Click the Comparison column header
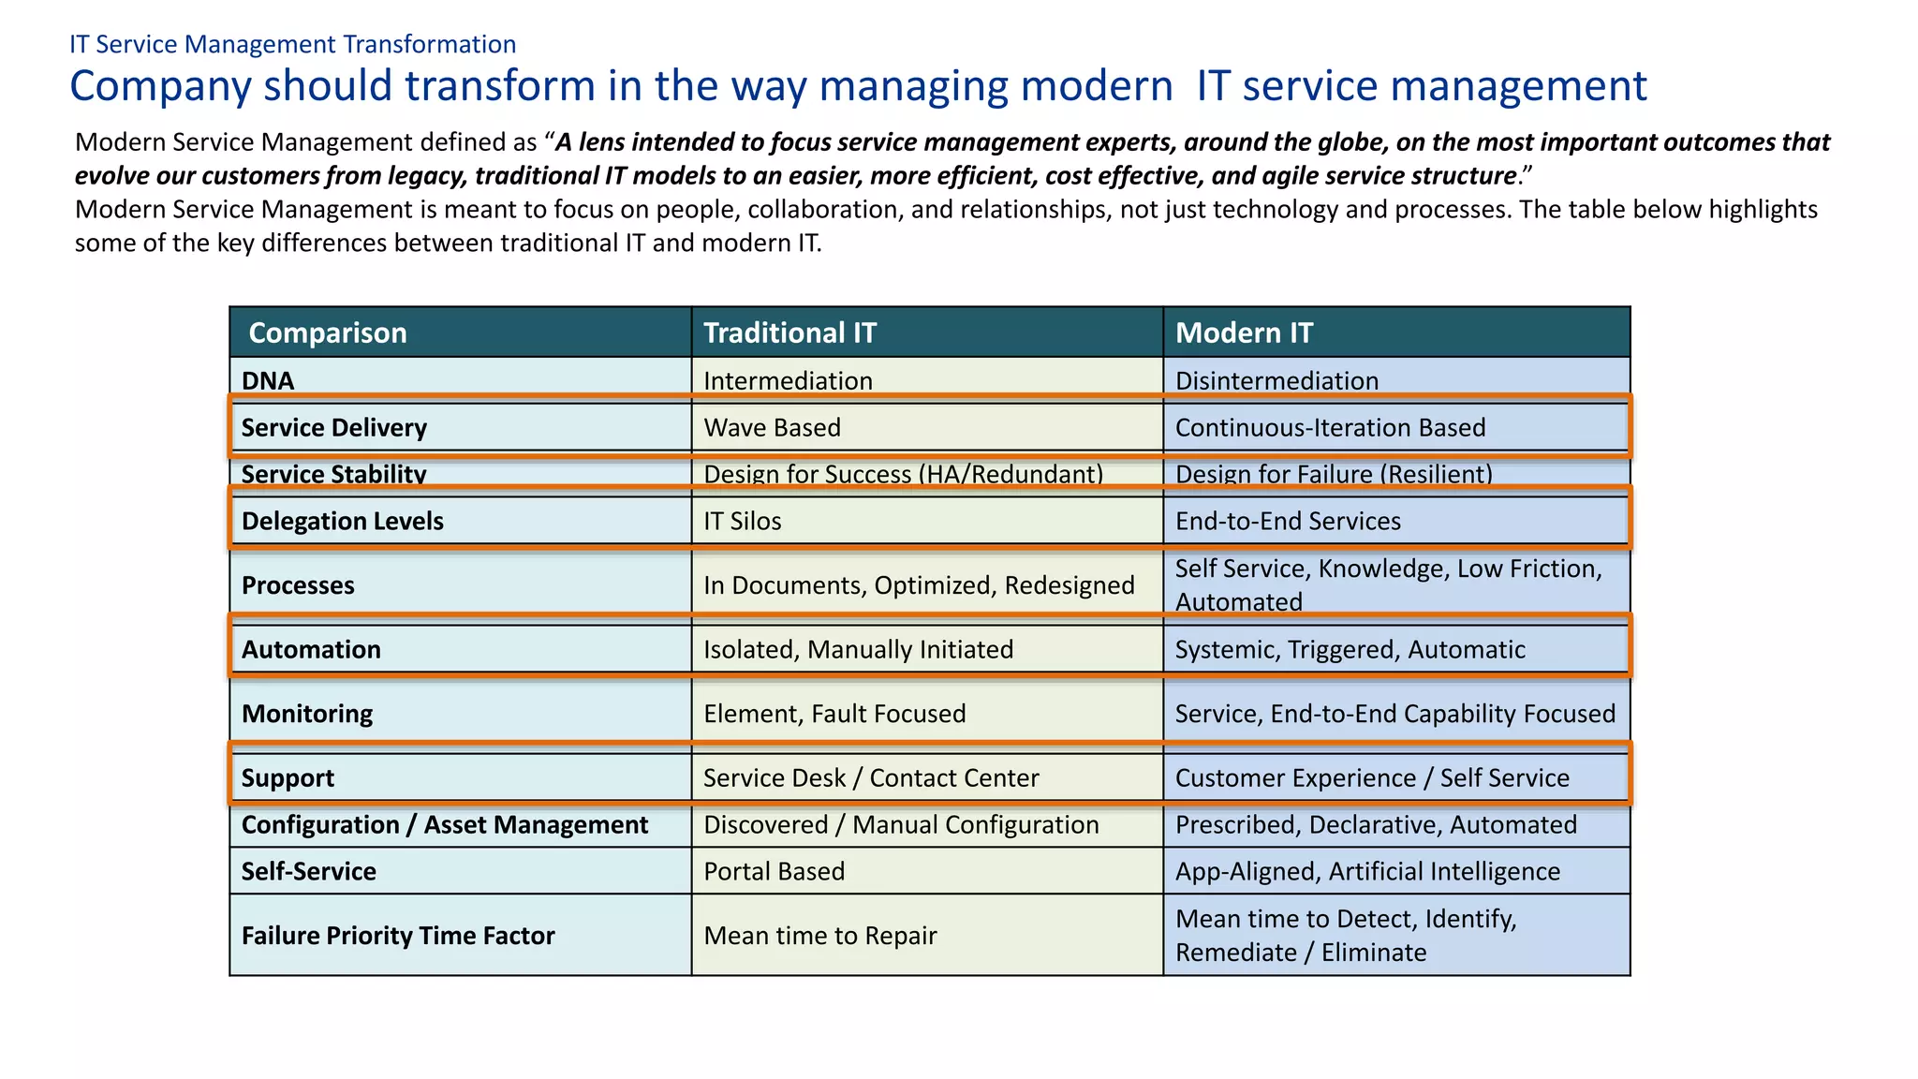click(328, 333)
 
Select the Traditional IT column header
click(789, 333)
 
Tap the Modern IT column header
click(1244, 333)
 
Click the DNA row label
click(268, 380)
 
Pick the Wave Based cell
click(772, 427)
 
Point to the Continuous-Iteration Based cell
click(1330, 427)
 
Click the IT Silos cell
click(742, 521)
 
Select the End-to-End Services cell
click(1288, 521)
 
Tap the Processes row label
click(298, 585)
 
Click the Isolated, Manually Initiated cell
click(858, 649)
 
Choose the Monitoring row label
click(307, 714)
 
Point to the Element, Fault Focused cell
click(834, 714)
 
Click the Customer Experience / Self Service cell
click(1372, 777)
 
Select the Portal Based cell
click(774, 871)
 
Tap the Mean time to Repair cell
click(819, 936)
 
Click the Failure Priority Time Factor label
click(398, 936)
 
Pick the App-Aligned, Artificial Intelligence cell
click(1367, 871)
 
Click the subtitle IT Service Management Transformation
click(292, 44)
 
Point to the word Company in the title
click(159, 86)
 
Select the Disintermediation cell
click(1276, 380)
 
